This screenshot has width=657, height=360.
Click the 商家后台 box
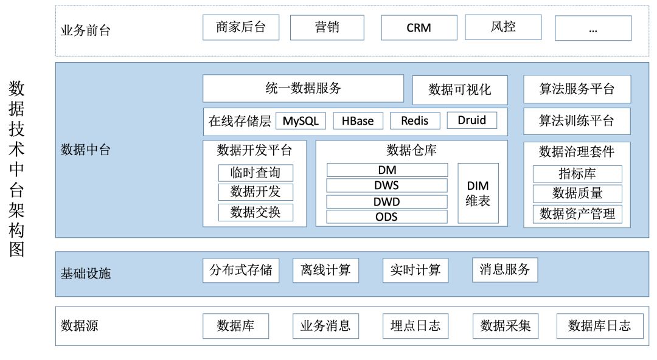241,28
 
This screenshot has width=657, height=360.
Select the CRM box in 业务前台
419,28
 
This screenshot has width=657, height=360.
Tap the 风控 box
502,27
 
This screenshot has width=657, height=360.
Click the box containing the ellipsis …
593,28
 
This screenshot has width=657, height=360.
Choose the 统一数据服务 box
303,88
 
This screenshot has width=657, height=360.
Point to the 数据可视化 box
459,90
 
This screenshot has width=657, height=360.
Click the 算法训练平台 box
577,121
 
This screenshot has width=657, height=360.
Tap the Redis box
414,120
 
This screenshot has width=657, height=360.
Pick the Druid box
471,120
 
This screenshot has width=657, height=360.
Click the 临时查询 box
255,173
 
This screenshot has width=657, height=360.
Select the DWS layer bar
387,185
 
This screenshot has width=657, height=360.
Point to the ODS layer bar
387,216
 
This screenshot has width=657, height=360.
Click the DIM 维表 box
478,193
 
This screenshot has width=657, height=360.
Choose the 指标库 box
577,174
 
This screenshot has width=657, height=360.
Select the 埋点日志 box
415,326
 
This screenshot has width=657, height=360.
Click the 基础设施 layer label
86,274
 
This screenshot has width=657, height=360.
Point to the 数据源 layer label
80,326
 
